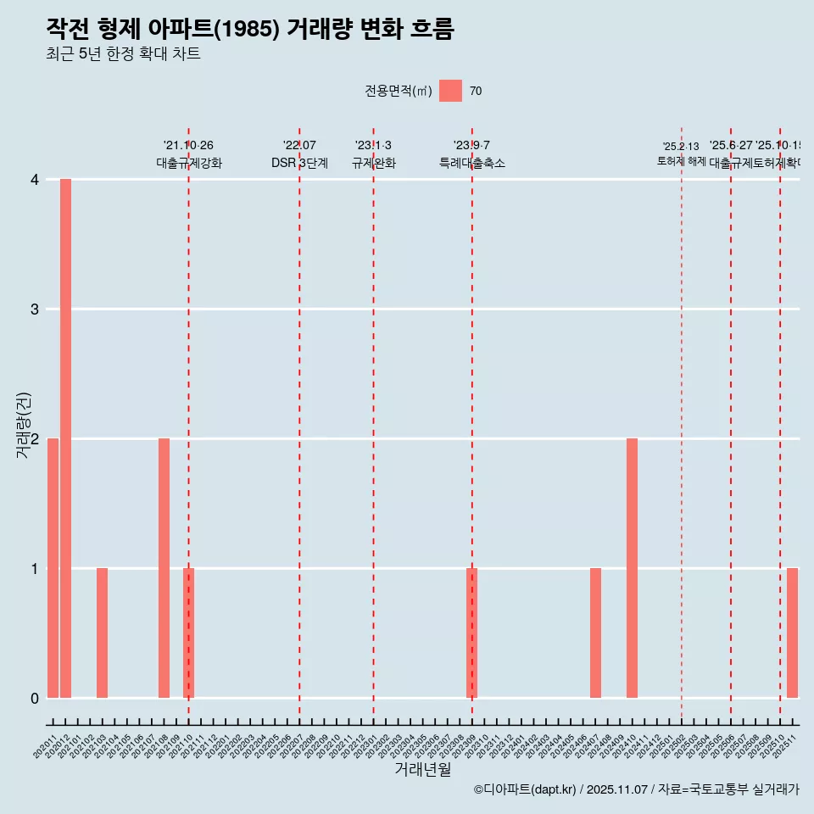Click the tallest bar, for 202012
click(65, 438)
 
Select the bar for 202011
click(53, 568)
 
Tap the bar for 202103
click(102, 633)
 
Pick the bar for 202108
click(164, 568)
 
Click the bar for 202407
click(595, 633)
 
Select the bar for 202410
click(632, 568)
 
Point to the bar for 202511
click(792, 633)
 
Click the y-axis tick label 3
click(35, 309)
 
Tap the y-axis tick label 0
click(35, 698)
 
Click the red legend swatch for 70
click(450, 91)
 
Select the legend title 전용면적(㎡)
click(399, 92)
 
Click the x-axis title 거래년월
click(422, 769)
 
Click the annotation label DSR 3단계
click(299, 163)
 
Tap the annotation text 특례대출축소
click(471, 163)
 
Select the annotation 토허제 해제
click(681, 161)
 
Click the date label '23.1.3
click(373, 145)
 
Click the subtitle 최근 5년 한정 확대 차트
click(123, 55)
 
